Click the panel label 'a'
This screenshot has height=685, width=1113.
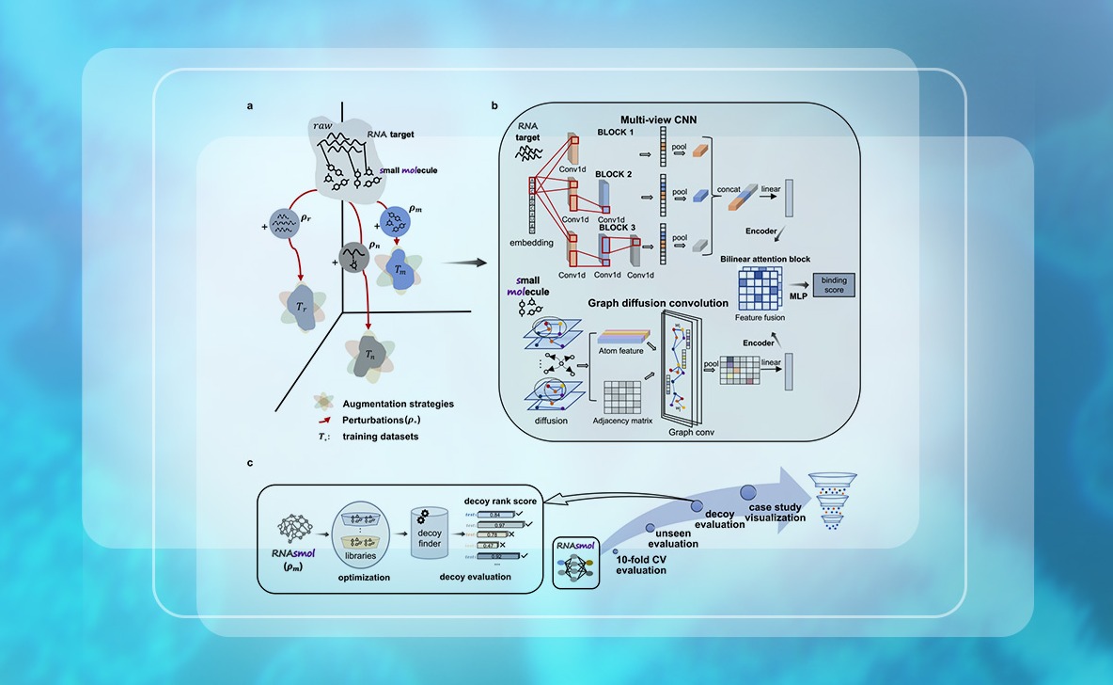click(250, 105)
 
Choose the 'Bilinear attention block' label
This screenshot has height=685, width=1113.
click(765, 258)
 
